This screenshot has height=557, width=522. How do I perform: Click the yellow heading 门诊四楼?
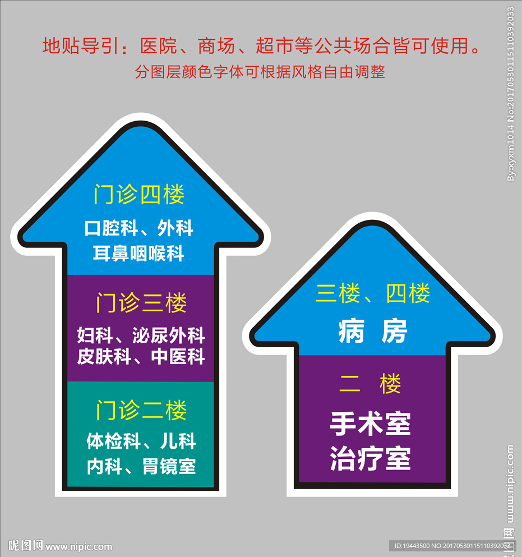(139, 194)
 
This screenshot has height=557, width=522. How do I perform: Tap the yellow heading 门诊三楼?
(141, 303)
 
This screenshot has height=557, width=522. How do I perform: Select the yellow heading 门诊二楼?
(141, 410)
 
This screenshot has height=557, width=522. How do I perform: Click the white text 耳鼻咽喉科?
(138, 254)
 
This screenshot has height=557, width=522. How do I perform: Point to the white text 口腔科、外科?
(139, 228)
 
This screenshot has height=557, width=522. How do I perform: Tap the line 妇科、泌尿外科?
(141, 335)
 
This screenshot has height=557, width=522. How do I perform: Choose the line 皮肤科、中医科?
(141, 357)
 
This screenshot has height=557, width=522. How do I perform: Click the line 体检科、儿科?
(141, 441)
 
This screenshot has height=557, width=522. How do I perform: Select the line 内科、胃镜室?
(141, 466)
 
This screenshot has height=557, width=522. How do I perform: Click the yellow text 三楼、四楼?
(373, 293)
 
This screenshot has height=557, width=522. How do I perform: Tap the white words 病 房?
(372, 331)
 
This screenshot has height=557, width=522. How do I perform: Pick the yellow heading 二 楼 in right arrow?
(371, 384)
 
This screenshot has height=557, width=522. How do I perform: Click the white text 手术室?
(371, 423)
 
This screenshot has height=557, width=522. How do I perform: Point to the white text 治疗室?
(371, 458)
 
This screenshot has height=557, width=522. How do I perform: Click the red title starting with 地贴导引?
(261, 46)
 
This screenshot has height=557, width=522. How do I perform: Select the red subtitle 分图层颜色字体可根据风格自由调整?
(260, 72)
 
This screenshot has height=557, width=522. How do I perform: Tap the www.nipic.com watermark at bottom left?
(79, 546)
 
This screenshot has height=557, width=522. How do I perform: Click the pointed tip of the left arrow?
(141, 121)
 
